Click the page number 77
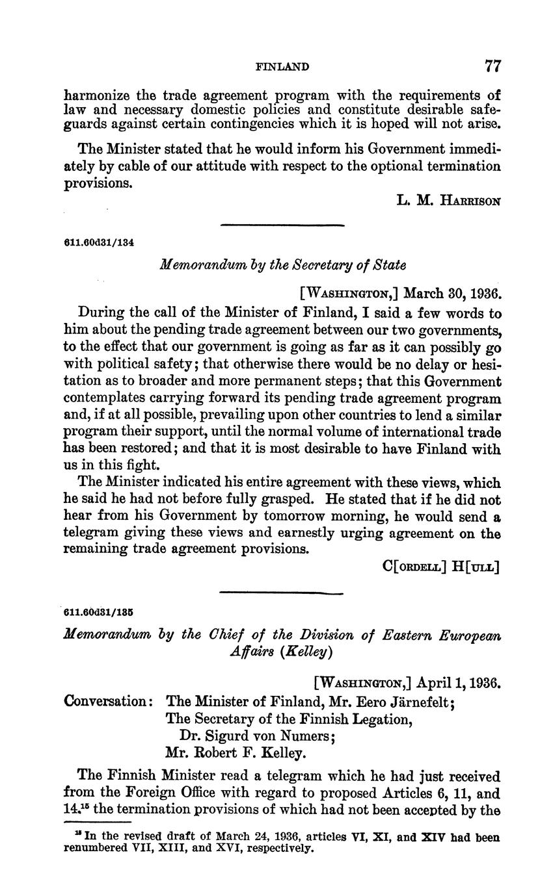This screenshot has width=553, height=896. click(x=492, y=66)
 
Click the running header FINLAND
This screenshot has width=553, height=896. click(x=282, y=67)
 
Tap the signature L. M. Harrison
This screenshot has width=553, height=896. click(x=448, y=201)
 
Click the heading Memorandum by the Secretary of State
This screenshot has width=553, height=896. click(x=282, y=265)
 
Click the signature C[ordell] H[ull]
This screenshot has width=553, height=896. click(x=441, y=567)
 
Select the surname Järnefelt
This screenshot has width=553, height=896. click(x=409, y=702)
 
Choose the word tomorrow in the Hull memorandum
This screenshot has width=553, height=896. click(x=279, y=517)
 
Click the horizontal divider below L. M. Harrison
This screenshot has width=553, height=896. click(x=282, y=225)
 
